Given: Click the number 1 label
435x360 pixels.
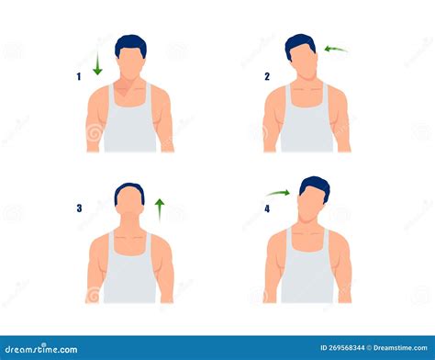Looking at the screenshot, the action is [x=79, y=76].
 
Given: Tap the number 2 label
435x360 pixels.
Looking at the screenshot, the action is [x=267, y=76].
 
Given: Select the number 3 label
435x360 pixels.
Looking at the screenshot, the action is [x=79, y=208].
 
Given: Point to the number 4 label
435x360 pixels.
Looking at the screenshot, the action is [x=267, y=208].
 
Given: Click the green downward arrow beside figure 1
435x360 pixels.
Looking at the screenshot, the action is [x=97, y=63].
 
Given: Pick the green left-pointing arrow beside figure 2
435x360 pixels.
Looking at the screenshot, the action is [x=336, y=49].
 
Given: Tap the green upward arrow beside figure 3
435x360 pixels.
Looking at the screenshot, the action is [x=160, y=210].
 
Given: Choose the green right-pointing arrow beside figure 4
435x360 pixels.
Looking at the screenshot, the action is [x=278, y=193].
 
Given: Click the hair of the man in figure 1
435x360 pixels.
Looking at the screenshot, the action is [x=131, y=43].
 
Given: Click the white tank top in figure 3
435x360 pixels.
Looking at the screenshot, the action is [x=129, y=269].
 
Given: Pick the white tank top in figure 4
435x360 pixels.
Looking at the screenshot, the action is [x=307, y=269].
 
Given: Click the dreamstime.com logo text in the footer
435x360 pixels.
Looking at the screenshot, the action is [x=41, y=349].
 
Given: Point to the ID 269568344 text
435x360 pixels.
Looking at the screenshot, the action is [x=342, y=348].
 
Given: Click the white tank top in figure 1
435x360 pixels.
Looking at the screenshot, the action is [x=129, y=122].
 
